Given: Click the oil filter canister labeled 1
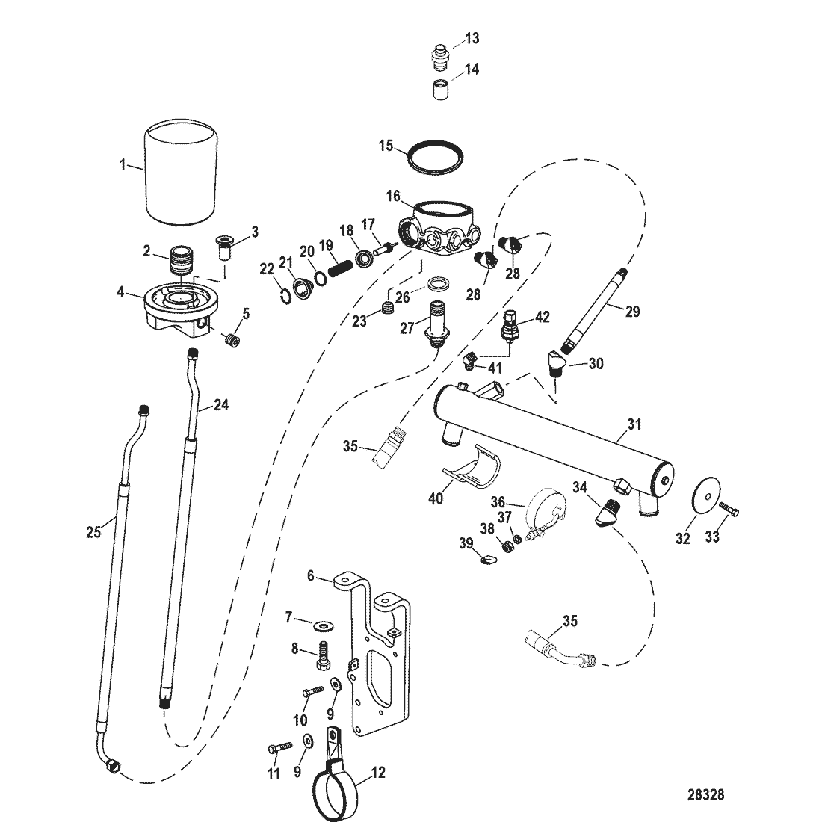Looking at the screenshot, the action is pyautogui.click(x=182, y=173).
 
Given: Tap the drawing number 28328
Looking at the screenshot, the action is pyautogui.click(x=705, y=795).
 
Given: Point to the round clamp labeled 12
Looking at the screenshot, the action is pyautogui.click(x=336, y=786).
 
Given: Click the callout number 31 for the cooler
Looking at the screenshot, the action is pyautogui.click(x=634, y=424).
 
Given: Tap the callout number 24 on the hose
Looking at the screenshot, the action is pyautogui.click(x=220, y=405).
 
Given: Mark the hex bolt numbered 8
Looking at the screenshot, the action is pyautogui.click(x=322, y=655).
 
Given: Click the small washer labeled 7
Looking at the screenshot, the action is pyautogui.click(x=320, y=625).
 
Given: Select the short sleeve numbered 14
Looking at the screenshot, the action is pyautogui.click(x=440, y=90).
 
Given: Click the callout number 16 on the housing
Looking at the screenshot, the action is pyautogui.click(x=393, y=197).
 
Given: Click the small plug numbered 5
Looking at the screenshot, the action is pyautogui.click(x=232, y=341).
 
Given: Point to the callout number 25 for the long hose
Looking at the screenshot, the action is pyautogui.click(x=93, y=533).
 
